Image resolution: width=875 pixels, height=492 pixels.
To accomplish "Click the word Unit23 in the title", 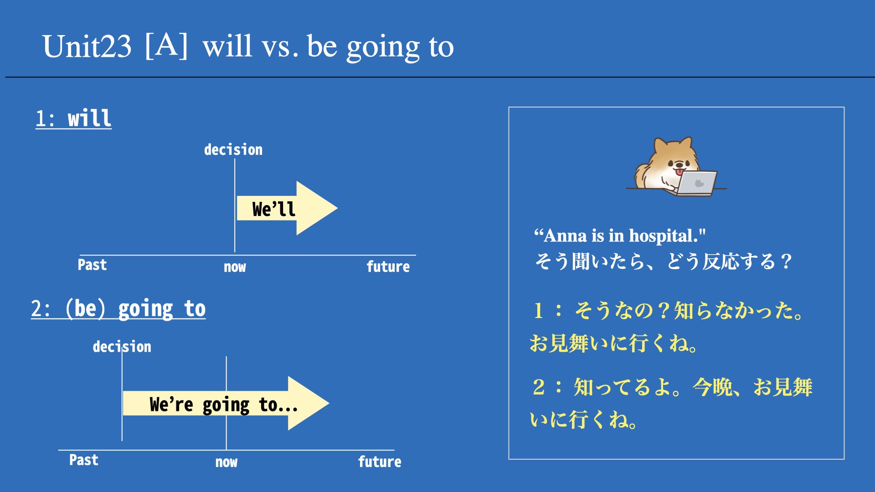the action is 87,46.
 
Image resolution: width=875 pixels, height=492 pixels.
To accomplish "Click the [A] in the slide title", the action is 166,46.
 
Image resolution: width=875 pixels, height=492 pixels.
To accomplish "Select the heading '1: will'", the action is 73,118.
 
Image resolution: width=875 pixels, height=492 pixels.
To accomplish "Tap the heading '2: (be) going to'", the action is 118,309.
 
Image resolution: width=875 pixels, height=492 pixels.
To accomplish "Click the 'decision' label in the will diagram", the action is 233,149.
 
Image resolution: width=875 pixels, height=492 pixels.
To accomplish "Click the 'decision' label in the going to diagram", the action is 122,347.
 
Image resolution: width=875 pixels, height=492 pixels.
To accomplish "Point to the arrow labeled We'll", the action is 287,208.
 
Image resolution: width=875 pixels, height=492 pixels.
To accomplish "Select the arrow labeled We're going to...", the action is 226,403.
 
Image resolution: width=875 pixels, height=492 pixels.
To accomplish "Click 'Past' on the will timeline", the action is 92,265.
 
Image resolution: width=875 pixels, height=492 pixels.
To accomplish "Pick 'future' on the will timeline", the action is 388,266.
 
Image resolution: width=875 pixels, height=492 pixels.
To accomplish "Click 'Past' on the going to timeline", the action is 83,460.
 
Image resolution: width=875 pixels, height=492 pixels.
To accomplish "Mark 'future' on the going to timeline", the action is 380,461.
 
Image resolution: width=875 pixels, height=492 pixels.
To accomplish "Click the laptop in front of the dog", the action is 695,183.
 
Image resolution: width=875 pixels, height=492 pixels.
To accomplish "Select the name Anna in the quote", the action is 565,236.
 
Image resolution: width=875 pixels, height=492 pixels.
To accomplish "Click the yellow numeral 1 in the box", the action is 538,311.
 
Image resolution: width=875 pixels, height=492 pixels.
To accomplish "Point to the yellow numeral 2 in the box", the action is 539,387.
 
